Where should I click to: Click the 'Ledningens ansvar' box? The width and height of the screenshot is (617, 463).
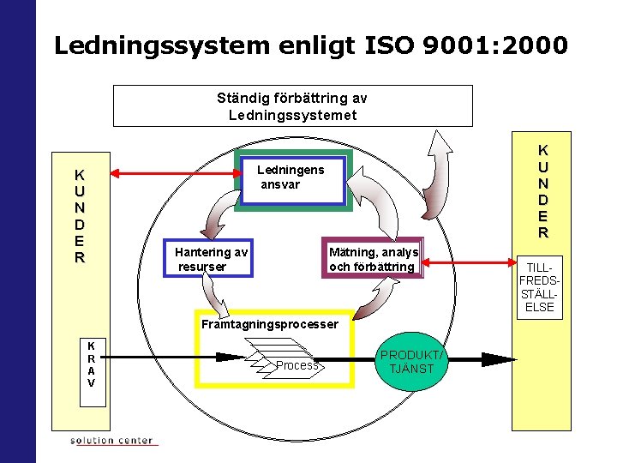click(x=291, y=180)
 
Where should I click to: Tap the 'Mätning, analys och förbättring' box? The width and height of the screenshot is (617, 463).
click(x=373, y=259)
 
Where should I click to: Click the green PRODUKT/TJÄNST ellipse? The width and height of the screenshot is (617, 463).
click(x=412, y=363)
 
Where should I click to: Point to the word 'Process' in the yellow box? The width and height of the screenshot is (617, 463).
click(x=297, y=366)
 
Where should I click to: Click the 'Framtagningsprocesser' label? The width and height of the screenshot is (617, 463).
click(x=269, y=325)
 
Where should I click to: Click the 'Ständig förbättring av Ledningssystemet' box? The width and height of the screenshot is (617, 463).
click(x=292, y=106)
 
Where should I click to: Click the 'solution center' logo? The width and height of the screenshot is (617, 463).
click(x=111, y=441)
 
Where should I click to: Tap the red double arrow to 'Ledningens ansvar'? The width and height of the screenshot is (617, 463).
click(x=175, y=174)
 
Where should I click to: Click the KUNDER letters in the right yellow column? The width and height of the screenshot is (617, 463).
click(x=542, y=191)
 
